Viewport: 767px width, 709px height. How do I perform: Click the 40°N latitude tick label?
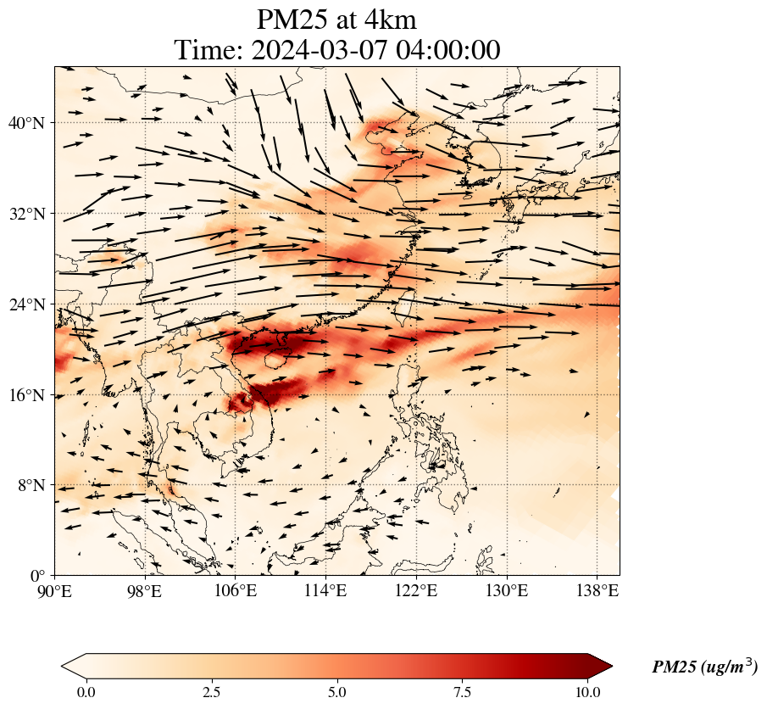(25, 123)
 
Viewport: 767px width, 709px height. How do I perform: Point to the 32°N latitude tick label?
(25, 214)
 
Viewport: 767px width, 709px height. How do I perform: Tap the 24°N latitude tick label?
(25, 304)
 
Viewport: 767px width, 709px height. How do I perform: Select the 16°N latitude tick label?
(25, 395)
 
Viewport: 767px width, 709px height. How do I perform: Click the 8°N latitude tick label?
(30, 485)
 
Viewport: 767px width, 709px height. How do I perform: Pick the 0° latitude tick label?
(38, 576)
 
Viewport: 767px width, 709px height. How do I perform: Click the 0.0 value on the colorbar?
(86, 692)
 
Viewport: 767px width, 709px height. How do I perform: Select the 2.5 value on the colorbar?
(212, 692)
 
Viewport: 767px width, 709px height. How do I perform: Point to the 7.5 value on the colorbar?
(463, 692)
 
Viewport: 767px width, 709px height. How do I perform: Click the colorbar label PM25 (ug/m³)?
(704, 667)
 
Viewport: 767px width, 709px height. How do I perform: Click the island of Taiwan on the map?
(405, 307)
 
